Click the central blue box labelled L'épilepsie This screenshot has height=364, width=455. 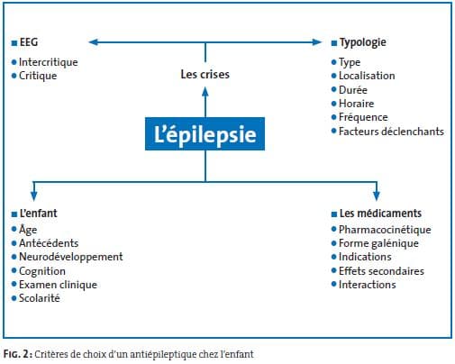pos(205,133)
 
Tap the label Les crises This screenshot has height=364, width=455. pos(205,74)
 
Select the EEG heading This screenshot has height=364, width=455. pos(29,42)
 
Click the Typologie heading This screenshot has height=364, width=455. pos(363,42)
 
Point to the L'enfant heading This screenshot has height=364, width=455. pos(38,214)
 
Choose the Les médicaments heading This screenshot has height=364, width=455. pos(380,214)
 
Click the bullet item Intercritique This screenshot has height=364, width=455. pos(49,62)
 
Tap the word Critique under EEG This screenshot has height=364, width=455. pos(38,76)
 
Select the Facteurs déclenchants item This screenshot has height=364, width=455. pos(391,132)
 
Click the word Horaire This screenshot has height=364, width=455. pos(357,104)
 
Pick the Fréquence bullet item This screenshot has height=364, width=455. pos(363,117)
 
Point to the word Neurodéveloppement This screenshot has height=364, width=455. pos(71,257)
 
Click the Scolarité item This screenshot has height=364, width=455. pos(40,298)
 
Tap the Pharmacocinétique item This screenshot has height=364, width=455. pos(385,230)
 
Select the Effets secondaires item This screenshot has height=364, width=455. pos(381,271)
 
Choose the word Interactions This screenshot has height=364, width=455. pos(368,285)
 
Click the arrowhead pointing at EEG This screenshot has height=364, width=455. pos(94,42)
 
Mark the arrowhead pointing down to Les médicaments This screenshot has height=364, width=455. pos(377,196)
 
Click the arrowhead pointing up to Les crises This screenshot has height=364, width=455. pos(205,92)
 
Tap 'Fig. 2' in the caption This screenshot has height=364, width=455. pos(17,354)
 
